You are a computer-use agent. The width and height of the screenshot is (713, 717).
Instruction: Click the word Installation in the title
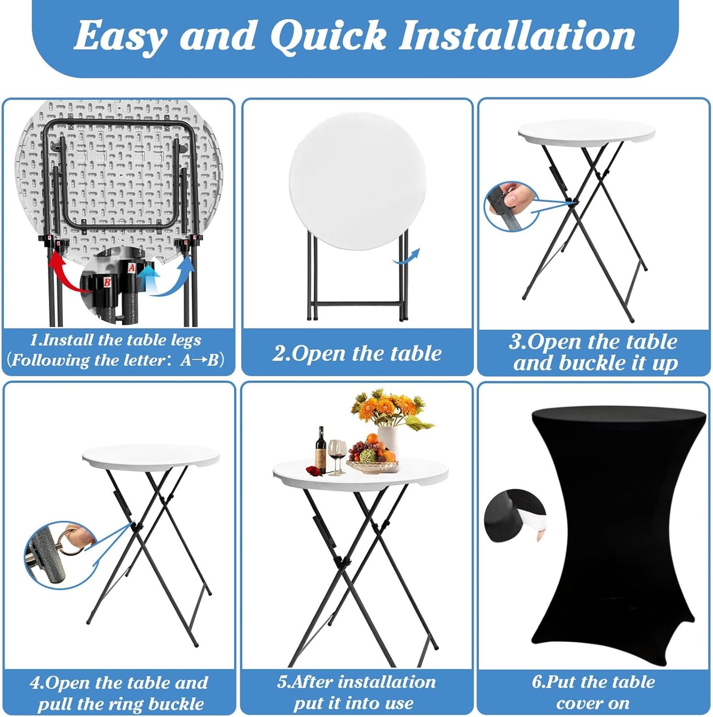point(517,36)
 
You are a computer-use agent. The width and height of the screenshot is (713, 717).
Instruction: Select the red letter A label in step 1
point(131,267)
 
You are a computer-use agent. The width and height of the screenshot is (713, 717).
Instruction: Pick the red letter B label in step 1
point(107,282)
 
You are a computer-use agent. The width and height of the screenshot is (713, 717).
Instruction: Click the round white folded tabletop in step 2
point(357,181)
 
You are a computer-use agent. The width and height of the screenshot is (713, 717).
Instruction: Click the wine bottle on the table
point(320,450)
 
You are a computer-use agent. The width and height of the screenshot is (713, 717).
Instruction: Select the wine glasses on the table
point(337,457)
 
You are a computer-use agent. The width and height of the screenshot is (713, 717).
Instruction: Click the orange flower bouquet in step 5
point(391,409)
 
